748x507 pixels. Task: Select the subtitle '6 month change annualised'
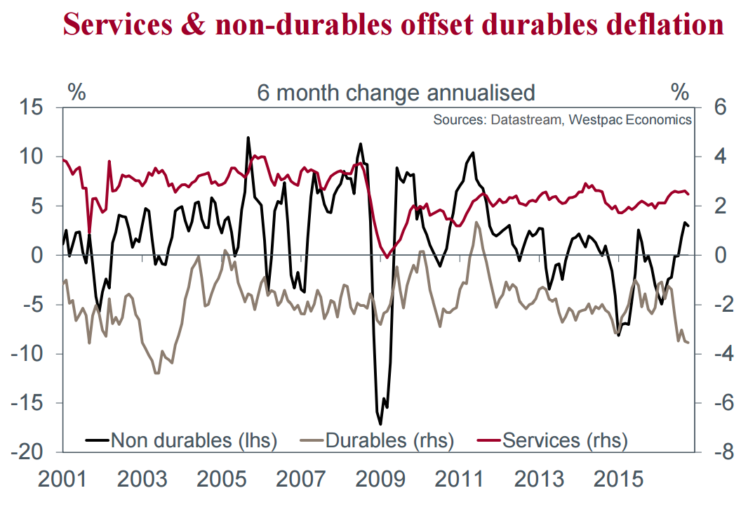coord(396,93)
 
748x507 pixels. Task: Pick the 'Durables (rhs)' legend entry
coord(389,440)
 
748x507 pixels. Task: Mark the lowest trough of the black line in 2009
coord(381,424)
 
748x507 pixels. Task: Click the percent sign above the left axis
coord(76,92)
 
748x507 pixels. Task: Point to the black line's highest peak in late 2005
coord(248,138)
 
